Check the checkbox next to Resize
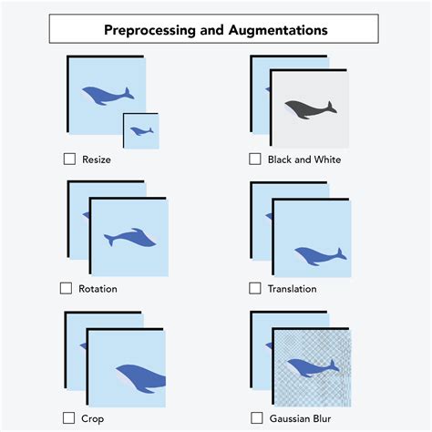(69, 159)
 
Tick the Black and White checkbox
(255, 159)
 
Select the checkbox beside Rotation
(66, 288)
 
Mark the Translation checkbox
(255, 288)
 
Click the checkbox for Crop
(69, 417)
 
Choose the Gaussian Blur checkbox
(257, 417)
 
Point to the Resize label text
(97, 159)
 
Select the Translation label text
(293, 289)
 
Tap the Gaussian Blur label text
(300, 418)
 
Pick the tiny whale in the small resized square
(141, 131)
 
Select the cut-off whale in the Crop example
(141, 375)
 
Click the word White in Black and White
(325, 159)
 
